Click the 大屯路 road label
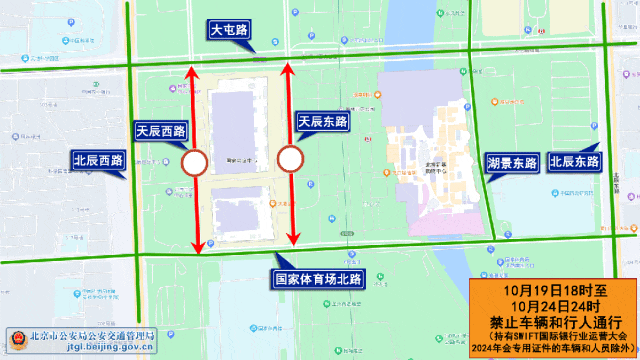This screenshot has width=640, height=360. coord(231,32)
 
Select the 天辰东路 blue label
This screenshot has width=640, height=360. coord(323,121)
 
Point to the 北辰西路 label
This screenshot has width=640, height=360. coord(97,160)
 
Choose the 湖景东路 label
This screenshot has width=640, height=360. coord(512,161)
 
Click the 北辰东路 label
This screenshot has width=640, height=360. coord(573,161)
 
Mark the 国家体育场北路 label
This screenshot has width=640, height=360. coord(319,278)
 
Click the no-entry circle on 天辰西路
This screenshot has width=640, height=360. coord(195,162)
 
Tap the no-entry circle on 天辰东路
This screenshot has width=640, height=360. coord(290,159)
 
